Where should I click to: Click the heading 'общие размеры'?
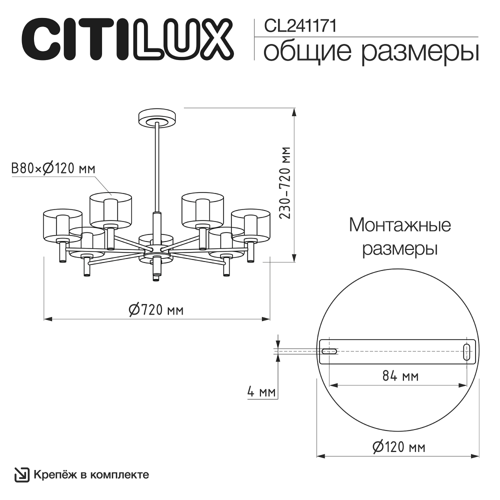click(370, 51)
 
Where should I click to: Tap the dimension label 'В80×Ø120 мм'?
click(53, 168)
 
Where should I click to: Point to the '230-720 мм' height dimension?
click(285, 183)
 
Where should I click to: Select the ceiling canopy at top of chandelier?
click(157, 118)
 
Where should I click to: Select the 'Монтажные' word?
click(399, 225)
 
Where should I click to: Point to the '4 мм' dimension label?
click(261, 392)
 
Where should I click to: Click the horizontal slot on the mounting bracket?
click(328, 351)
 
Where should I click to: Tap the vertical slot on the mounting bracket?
click(466, 351)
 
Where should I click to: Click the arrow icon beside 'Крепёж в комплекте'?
click(22, 474)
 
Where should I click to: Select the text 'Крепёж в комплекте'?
click(91, 474)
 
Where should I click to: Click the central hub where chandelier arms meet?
click(157, 248)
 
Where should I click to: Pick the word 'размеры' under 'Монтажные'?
click(399, 248)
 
